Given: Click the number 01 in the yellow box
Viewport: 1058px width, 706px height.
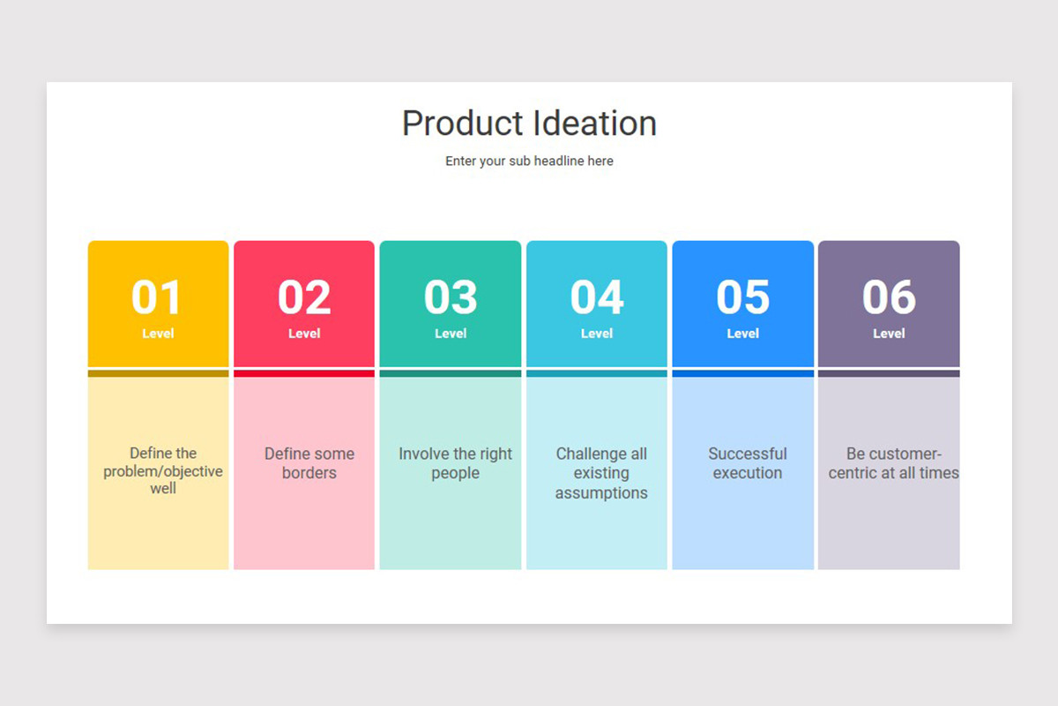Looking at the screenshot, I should tap(157, 297).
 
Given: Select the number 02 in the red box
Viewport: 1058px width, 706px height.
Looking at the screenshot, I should tap(304, 297).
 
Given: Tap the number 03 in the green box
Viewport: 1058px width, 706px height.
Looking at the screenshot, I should tap(451, 297).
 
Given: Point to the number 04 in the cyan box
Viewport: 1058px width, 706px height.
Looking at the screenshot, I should tap(597, 297).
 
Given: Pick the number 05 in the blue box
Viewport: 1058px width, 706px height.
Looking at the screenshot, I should tap(742, 297).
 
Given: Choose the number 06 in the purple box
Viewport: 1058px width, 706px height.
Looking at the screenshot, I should tap(889, 297).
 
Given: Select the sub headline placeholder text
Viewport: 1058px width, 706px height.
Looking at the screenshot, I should tap(529, 161).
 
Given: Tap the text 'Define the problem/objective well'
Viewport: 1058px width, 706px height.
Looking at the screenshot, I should tap(163, 470).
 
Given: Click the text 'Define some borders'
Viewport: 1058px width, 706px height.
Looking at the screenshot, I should tap(309, 463).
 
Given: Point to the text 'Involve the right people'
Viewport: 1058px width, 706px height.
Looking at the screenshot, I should tap(455, 463).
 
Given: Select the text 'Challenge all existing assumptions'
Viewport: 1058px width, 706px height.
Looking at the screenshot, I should tap(601, 473).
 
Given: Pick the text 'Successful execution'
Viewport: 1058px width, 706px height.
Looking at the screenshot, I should tap(748, 463).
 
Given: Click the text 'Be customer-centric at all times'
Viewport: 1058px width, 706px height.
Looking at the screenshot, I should tap(893, 463).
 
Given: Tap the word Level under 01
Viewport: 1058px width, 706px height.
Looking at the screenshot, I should tap(158, 334).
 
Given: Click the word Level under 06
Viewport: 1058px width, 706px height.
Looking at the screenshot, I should tap(889, 334).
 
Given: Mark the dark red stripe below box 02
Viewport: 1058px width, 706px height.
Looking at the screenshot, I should tap(304, 373).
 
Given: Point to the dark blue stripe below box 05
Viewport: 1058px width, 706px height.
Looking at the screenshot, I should tap(742, 373).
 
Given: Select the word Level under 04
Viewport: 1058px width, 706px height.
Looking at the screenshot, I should tap(597, 334).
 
